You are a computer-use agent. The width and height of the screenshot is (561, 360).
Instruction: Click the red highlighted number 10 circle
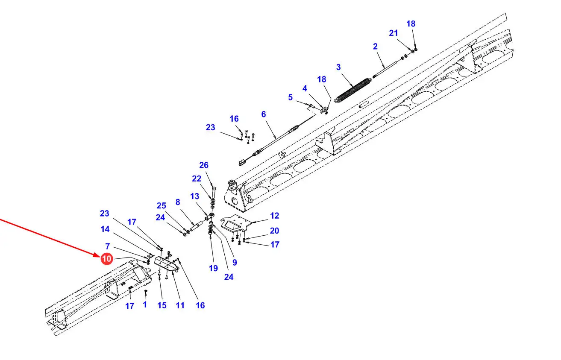(x=107, y=259)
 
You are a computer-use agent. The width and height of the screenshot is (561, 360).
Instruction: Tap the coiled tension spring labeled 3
(x=353, y=90)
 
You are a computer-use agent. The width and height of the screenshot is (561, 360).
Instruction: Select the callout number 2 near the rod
(x=375, y=46)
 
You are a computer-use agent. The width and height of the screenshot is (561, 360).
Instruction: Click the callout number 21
(x=393, y=33)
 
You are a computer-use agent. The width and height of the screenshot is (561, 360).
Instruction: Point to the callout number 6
(x=264, y=114)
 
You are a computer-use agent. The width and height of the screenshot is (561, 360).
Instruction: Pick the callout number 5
(x=290, y=97)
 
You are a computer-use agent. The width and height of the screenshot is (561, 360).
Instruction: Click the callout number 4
(x=305, y=88)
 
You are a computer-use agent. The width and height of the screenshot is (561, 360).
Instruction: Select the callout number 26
(x=204, y=165)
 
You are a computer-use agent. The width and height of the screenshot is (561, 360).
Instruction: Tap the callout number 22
(x=197, y=179)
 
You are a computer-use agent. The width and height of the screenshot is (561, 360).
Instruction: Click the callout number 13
(x=194, y=196)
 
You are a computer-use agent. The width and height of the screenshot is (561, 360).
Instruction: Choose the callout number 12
(x=274, y=216)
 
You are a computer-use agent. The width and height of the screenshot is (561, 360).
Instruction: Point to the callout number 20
(x=274, y=230)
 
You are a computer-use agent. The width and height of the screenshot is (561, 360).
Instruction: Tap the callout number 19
(x=213, y=268)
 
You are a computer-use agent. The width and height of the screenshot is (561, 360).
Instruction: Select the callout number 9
(x=235, y=262)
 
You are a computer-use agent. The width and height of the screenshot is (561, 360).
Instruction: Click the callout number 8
(x=178, y=202)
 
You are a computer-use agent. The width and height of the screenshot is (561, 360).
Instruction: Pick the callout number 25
(x=161, y=205)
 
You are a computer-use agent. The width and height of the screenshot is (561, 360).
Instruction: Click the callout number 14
(x=105, y=229)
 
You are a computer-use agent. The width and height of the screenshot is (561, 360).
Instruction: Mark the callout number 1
(x=145, y=304)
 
